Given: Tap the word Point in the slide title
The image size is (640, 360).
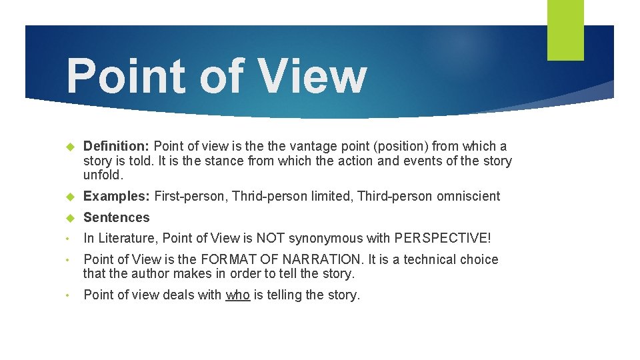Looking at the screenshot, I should point(126,75).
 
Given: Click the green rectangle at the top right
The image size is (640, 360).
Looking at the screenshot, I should point(565,29).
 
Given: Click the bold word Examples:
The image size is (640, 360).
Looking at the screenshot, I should point(117,196).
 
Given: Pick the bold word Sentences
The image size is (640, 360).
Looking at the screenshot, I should point(117,217).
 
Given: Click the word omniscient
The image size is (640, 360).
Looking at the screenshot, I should point(468,196).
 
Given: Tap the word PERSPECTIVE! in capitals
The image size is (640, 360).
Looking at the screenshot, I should point(442,238).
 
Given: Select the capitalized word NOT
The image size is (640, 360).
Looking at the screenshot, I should point(269,238).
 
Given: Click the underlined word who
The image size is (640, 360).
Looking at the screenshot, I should point(237,295).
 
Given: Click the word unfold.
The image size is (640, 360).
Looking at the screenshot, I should point(103,175).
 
